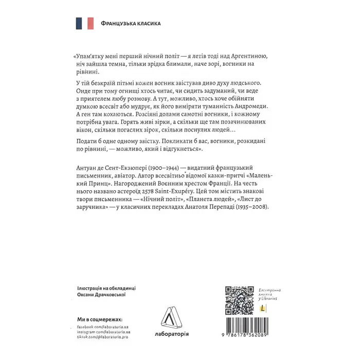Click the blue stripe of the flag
(x=80, y=23)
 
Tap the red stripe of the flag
(x=91, y=23)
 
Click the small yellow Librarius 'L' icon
(x=263, y=308)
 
